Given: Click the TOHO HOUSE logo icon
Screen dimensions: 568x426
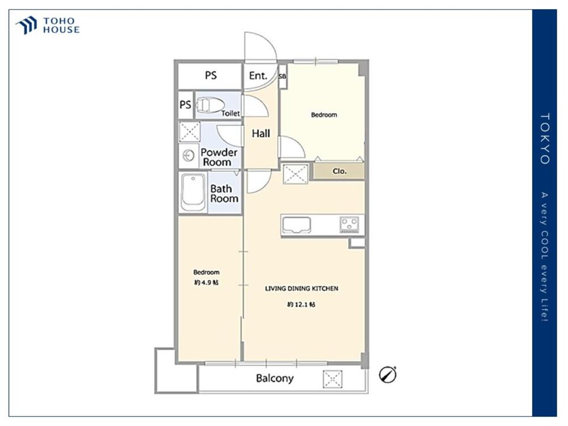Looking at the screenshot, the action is pos(27,25).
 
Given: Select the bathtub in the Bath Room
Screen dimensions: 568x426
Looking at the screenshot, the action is pos(194,192).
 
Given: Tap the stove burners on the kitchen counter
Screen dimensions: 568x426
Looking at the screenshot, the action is pos(349,224).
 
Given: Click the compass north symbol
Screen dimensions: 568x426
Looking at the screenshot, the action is pos(387,374).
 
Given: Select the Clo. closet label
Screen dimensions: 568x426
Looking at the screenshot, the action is pos(340,172).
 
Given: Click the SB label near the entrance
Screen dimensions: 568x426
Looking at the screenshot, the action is pos(282,77).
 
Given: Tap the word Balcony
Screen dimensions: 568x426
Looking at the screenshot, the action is pos(274,378).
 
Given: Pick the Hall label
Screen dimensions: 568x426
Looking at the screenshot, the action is pos(261,133).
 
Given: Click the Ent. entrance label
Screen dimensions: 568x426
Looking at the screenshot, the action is pos(258,76).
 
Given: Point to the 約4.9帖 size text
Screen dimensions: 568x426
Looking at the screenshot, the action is pos(206,282).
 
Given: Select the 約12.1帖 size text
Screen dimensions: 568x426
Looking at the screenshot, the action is pos(301,304).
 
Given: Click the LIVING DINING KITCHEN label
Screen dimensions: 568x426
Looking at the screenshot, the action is pos(302,289).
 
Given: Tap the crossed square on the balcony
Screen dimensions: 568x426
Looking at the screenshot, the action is pos(332,379).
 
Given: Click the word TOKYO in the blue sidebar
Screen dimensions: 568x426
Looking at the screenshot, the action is pos(545,139).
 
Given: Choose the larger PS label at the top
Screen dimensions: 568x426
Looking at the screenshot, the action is pos(211,76).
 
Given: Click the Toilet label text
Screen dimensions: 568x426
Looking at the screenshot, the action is pos(231,114).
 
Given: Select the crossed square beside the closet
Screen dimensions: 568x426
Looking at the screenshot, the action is pos(295,174).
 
